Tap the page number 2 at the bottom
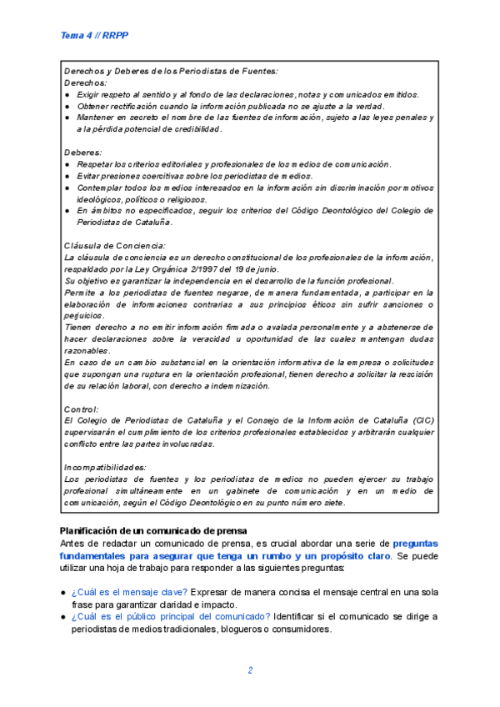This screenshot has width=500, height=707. (x=250, y=670)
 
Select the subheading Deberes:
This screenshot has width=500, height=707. (x=83, y=153)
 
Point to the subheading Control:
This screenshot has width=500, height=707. (x=82, y=409)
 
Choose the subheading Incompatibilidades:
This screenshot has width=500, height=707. (x=106, y=467)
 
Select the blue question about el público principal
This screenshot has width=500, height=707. (x=171, y=616)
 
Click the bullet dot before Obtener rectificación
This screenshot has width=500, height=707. (x=67, y=107)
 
